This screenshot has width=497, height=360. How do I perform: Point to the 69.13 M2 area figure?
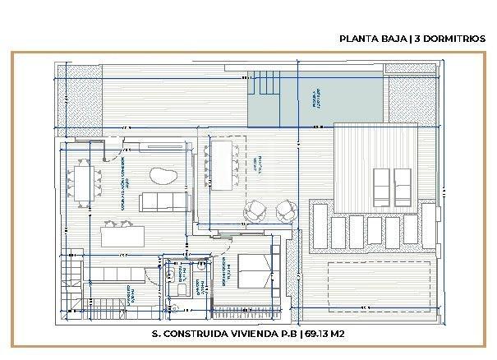(325, 334)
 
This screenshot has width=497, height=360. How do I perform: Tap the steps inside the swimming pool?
(265, 83)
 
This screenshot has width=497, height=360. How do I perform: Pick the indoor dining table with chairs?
(83, 183)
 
